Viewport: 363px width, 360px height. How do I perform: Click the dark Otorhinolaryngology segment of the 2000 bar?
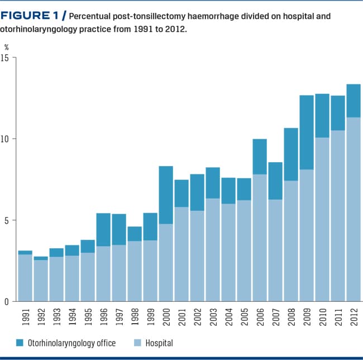[x=165, y=195]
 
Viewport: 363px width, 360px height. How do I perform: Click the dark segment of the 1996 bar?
[x=103, y=230]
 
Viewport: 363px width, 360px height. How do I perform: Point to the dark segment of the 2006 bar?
[x=259, y=157]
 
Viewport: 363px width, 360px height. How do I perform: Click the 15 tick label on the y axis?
[x=6, y=58]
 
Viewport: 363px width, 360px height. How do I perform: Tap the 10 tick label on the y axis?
[x=6, y=139]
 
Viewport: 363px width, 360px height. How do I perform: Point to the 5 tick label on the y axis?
[x=7, y=220]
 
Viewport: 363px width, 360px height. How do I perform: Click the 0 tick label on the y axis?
[x=7, y=302]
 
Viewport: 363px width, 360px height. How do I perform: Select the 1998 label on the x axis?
[x=135, y=318]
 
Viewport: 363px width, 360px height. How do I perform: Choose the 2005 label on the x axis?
[x=244, y=318]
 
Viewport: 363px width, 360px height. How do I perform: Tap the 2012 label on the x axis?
[x=354, y=318]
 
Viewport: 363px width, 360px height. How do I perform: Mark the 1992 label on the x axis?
[x=41, y=318]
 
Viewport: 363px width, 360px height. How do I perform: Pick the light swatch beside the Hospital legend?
[x=137, y=342]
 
